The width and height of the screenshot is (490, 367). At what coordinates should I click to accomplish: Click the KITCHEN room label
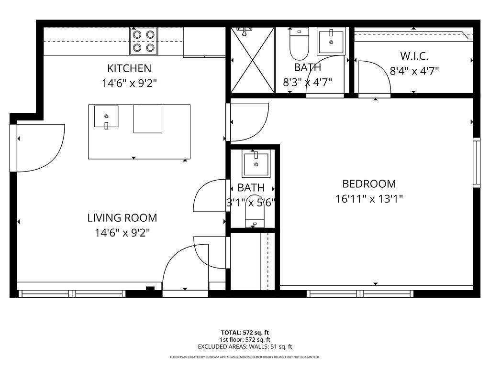[x=129, y=68]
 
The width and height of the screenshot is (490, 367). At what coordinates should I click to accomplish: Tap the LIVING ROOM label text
[x=122, y=218]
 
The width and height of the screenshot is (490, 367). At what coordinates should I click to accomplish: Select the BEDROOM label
[x=369, y=183]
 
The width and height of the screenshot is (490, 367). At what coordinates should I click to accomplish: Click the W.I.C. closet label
[x=414, y=56]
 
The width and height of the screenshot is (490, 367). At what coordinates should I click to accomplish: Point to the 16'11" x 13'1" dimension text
[x=369, y=199]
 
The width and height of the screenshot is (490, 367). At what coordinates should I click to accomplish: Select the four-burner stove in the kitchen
[x=144, y=41]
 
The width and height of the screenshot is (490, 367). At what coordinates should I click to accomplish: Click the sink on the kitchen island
[x=106, y=117]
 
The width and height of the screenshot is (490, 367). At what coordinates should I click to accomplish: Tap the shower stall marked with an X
[x=253, y=60]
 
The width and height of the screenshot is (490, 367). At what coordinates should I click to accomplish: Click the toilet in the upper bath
[x=299, y=43]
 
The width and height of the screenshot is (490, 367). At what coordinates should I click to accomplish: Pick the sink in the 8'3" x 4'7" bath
[x=331, y=42]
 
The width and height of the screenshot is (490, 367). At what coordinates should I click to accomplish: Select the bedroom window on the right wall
[x=477, y=162]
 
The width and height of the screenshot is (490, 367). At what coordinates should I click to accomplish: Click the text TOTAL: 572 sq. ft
[x=245, y=332]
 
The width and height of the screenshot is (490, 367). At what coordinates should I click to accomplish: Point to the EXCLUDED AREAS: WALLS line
[x=245, y=347]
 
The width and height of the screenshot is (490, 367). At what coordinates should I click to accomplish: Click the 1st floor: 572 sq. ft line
[x=245, y=340]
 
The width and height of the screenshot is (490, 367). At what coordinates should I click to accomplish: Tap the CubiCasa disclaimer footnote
[x=245, y=357]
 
